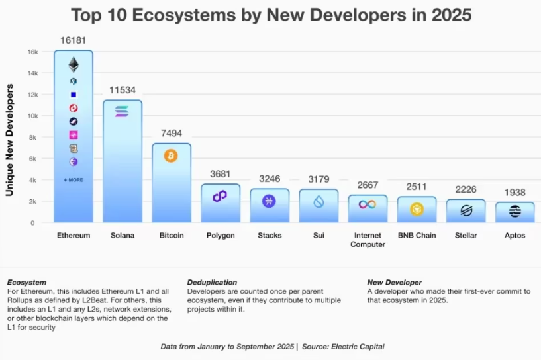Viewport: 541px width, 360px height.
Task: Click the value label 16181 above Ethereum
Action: coord(74,41)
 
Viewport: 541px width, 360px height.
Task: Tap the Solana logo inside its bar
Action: coord(122,112)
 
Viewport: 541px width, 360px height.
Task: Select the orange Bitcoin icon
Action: coord(171,156)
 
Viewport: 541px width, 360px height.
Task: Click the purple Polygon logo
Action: coord(220,196)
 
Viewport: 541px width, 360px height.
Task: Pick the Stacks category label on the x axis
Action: coord(269,235)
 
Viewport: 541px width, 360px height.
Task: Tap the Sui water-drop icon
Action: coord(319,202)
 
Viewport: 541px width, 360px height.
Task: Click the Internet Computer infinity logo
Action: coord(367,204)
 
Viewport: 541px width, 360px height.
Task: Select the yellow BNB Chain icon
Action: coord(417,210)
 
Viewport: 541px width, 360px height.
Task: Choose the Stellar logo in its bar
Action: coord(466,211)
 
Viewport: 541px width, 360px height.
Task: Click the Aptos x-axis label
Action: coord(515,235)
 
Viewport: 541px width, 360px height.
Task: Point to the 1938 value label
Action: coord(515,193)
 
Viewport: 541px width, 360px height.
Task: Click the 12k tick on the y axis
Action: coord(32,95)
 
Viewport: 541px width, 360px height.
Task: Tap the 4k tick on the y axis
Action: coord(33,180)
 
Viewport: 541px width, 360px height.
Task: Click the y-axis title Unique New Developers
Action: coord(11,139)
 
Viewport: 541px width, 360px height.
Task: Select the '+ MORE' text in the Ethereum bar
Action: coord(74,180)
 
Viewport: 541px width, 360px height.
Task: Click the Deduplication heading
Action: coord(212,283)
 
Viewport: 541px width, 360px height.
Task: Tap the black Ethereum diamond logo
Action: coord(74,64)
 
